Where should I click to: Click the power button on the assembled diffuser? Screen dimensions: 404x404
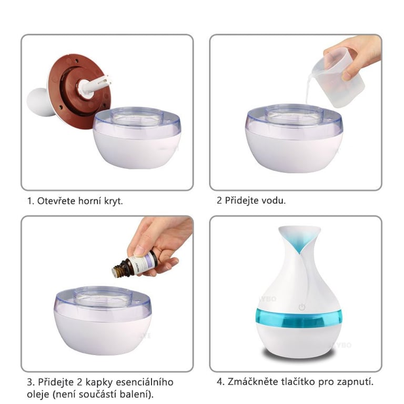302,307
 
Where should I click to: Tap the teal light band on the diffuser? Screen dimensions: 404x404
299,318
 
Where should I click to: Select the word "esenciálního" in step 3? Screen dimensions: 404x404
145,382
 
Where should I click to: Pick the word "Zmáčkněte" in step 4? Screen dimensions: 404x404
250,381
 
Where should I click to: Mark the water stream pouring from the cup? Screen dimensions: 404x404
310,89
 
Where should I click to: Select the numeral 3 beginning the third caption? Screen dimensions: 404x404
29,382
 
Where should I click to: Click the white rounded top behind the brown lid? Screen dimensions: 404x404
38,102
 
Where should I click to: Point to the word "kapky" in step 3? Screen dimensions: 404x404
99,382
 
